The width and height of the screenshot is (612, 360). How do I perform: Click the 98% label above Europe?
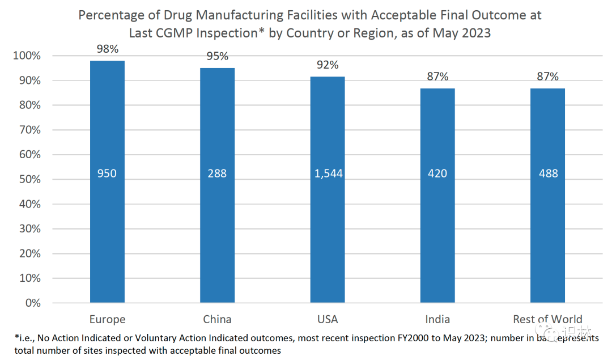[107, 49]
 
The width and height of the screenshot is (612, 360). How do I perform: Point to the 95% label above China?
[217, 56]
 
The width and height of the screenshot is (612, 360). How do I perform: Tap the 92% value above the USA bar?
[328, 65]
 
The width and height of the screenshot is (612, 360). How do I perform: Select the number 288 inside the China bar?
[217, 173]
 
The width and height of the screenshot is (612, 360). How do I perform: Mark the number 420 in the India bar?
[437, 173]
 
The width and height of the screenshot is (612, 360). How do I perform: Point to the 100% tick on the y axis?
[27, 56]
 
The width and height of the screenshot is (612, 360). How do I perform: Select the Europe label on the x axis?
[107, 319]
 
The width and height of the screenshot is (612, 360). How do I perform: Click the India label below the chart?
[437, 319]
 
